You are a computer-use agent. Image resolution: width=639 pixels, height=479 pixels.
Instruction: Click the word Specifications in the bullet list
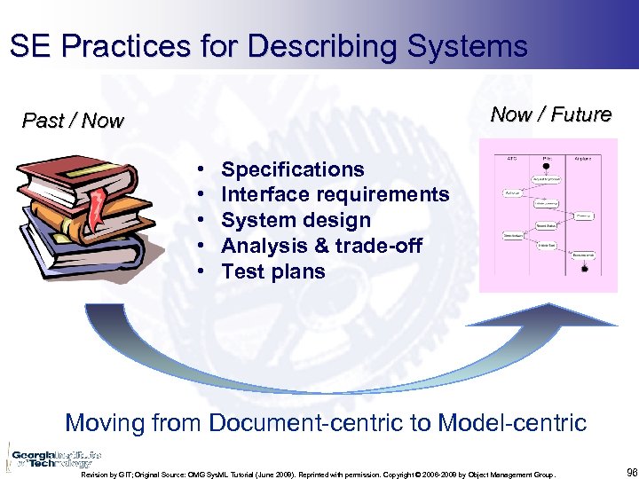click(x=292, y=169)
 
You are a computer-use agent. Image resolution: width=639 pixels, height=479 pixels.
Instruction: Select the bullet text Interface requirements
click(x=335, y=194)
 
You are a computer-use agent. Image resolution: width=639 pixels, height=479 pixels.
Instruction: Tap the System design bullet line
click(x=296, y=220)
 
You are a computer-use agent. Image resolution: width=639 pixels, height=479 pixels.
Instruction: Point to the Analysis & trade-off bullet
click(x=321, y=246)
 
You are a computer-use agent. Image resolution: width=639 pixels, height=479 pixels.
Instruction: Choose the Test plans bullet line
click(x=272, y=271)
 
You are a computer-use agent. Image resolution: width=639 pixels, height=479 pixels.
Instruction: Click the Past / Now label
click(x=73, y=121)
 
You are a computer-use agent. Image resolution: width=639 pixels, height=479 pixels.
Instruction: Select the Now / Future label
click(x=550, y=114)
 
